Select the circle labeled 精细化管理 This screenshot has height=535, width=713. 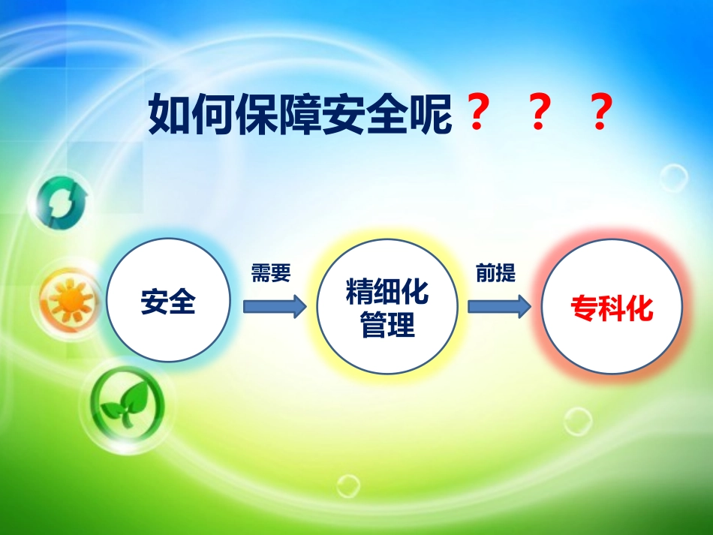[387, 306]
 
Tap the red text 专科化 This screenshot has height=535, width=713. [612, 308]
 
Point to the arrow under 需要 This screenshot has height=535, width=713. [275, 305]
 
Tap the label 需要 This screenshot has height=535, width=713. [271, 274]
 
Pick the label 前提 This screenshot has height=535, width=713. [496, 274]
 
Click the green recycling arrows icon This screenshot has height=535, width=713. [58, 200]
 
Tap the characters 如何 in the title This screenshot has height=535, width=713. [191, 115]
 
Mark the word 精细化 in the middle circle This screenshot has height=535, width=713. [387, 292]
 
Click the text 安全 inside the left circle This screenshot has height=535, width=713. [168, 302]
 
